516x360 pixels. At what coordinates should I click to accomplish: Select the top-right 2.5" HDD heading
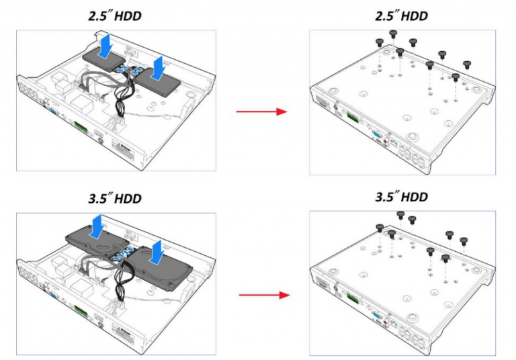[x=402, y=16]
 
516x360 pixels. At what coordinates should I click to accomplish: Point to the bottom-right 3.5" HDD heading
[x=402, y=197]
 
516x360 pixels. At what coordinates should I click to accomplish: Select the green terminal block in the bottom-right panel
[x=352, y=298]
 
